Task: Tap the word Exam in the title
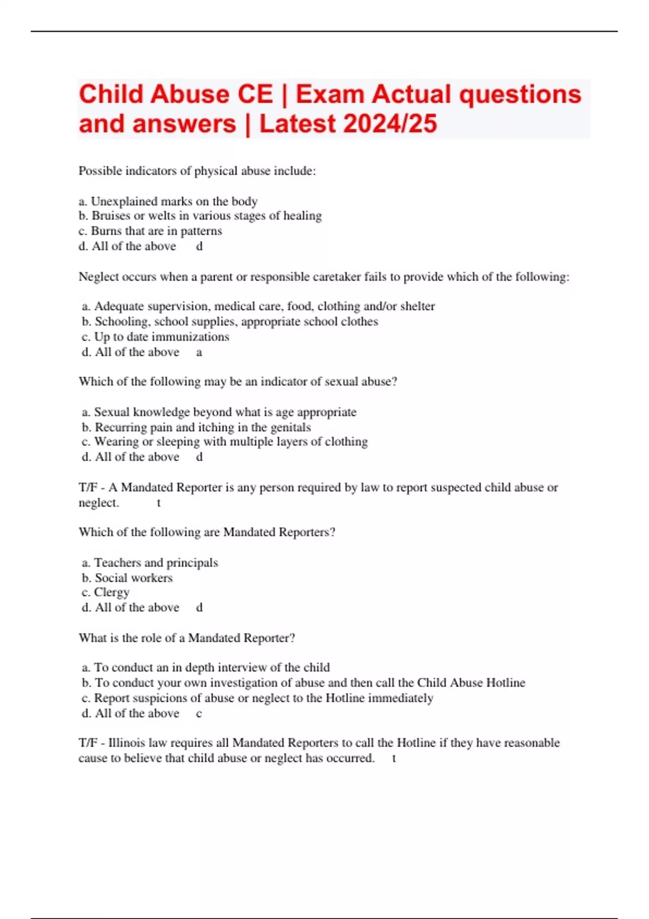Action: point(329,94)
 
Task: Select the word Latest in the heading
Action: point(298,124)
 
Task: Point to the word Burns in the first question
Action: point(107,231)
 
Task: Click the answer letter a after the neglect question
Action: point(199,352)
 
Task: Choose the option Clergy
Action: point(112,592)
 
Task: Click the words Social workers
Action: point(134,578)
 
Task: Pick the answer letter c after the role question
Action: point(199,714)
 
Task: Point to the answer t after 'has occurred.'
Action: point(394,758)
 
